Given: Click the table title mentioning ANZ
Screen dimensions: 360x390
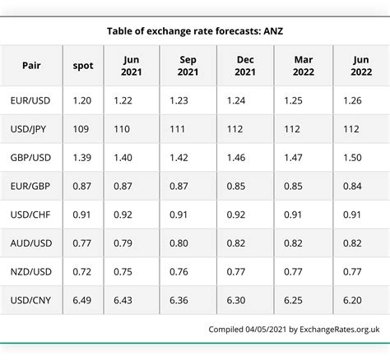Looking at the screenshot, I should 195,31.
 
